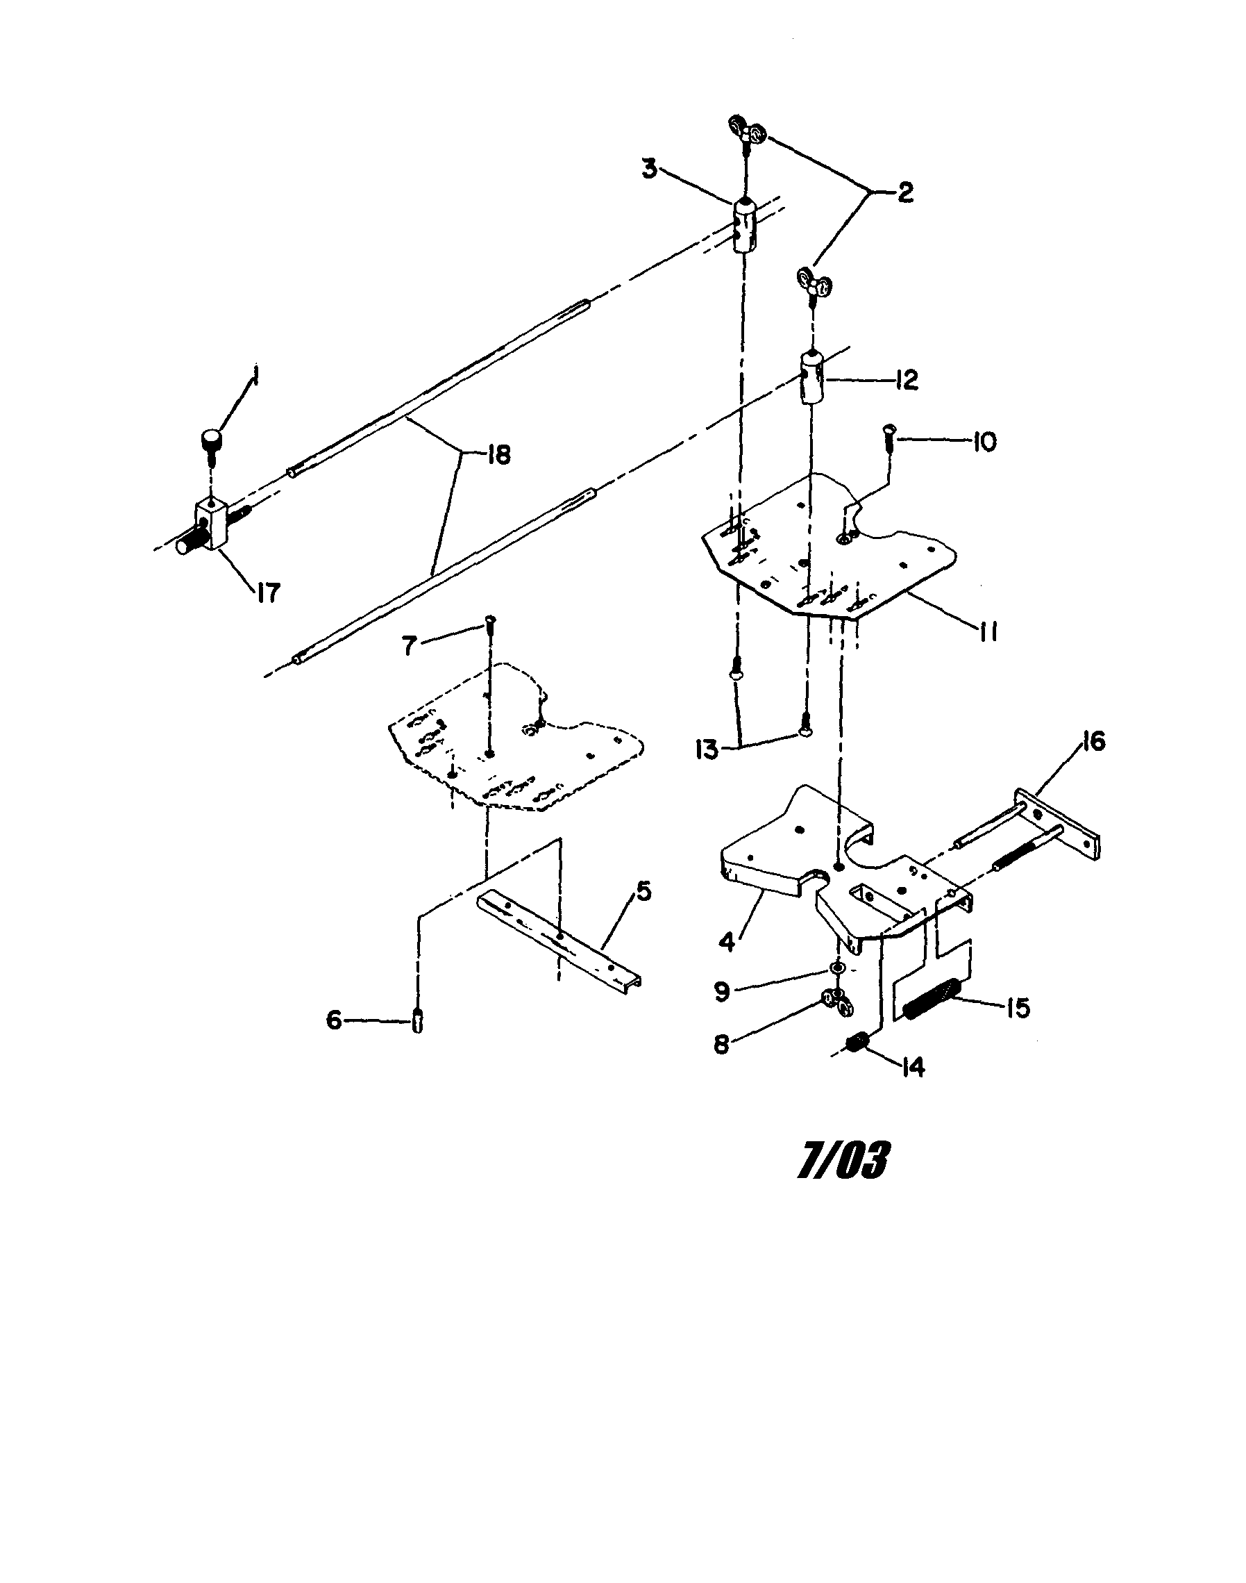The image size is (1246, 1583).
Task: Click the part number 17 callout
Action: pos(268,592)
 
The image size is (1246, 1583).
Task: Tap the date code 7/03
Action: pos(843,1161)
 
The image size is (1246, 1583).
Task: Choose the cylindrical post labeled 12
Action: pos(812,377)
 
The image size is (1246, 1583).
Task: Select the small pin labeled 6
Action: pos(417,1020)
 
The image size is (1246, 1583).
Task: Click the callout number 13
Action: pos(707,751)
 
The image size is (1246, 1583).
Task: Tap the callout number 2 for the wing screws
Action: pos(904,192)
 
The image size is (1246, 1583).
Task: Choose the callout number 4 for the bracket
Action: pos(727,941)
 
